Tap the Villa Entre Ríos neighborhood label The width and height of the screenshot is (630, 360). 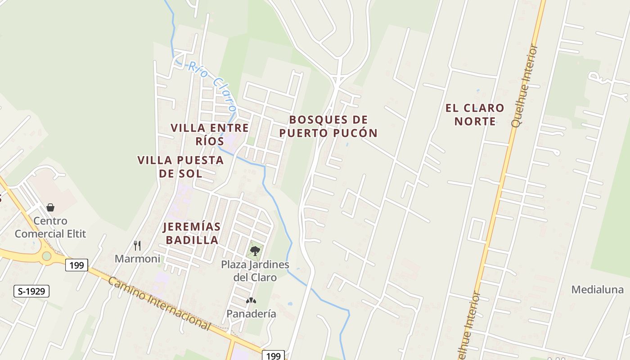[210, 134]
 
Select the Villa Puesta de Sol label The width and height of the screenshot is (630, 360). [180, 166]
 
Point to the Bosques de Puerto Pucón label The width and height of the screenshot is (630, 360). [328, 126]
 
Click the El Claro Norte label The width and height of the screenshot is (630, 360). [475, 115]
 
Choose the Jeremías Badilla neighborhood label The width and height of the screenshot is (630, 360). [192, 233]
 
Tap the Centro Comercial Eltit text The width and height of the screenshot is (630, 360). [50, 227]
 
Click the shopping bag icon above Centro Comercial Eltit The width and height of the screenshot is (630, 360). [50, 207]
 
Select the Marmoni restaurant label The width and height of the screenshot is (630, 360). [137, 259]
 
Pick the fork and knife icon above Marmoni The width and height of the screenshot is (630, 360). [137, 245]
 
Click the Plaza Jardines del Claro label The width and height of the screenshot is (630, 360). [255, 271]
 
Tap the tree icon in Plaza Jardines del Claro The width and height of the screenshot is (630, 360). [255, 251]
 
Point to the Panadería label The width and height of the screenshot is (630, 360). [251, 314]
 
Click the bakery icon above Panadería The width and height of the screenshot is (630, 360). [251, 300]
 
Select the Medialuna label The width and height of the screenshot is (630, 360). [598, 289]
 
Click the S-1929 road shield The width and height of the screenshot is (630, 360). [31, 291]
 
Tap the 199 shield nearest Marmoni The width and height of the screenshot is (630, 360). [76, 265]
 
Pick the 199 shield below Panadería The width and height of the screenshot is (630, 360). [273, 355]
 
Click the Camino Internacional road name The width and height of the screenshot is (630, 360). [159, 304]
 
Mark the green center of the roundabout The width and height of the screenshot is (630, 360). [46, 256]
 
